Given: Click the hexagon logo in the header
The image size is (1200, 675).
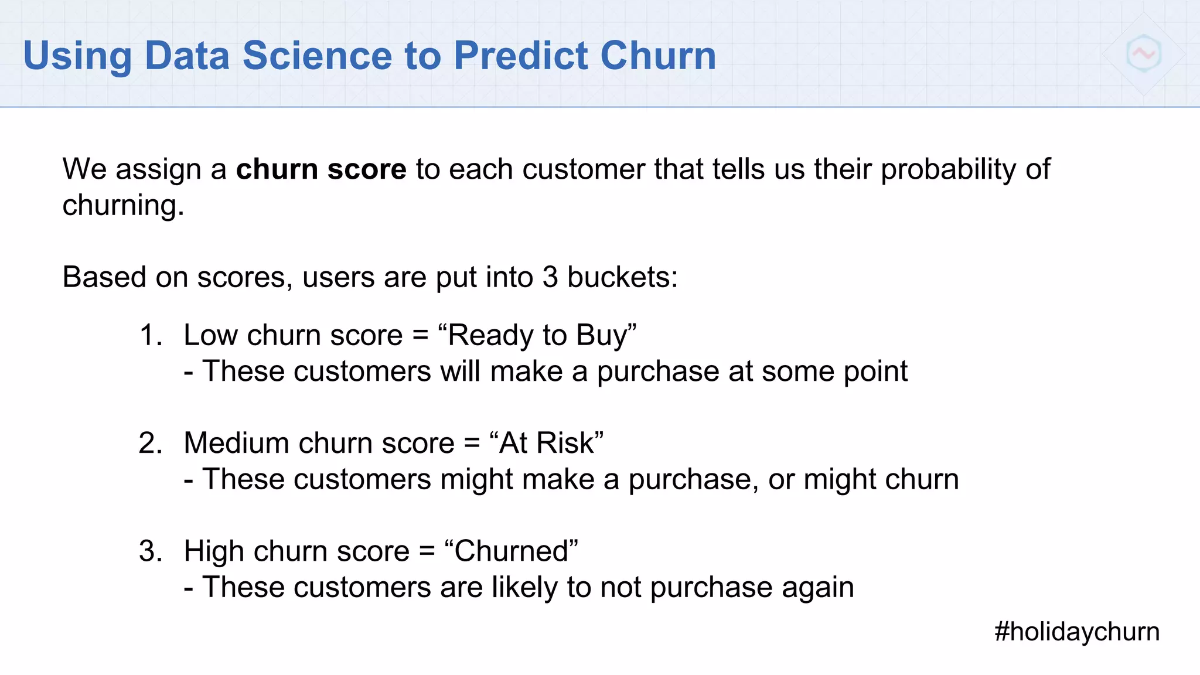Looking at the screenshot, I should coord(1143,53).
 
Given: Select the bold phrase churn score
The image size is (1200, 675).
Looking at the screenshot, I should coord(321,169).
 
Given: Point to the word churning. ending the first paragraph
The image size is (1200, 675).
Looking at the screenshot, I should coord(123,206).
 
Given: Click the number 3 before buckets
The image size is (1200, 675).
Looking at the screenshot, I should coord(550,277).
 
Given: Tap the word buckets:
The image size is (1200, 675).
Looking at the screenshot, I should coord(622,277).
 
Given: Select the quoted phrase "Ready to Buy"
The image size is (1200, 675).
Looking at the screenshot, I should coord(537,336).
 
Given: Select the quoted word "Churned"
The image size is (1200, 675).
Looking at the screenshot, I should coord(511,551).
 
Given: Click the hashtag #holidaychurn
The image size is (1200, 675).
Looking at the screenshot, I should coord(1077,632).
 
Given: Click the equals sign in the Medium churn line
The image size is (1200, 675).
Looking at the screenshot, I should coord(472,444).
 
